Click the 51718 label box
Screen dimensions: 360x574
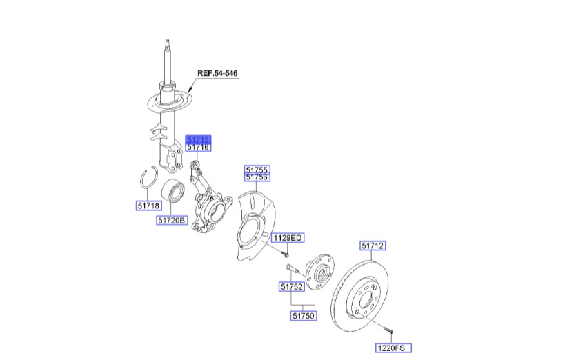pyautogui.click(x=149, y=205)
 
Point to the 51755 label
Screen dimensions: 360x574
pyautogui.click(x=258, y=169)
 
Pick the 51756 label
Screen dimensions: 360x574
pyautogui.click(x=258, y=177)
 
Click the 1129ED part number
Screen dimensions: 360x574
pyautogui.click(x=288, y=238)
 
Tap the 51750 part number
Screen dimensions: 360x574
pyautogui.click(x=303, y=315)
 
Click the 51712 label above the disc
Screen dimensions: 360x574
pyautogui.click(x=373, y=245)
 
